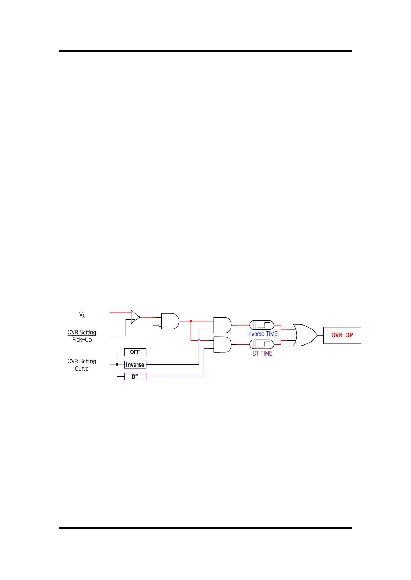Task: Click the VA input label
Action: click(82, 314)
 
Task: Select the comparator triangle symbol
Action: click(135, 317)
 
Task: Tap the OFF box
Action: click(135, 352)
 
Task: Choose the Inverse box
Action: click(135, 364)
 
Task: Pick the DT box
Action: click(135, 377)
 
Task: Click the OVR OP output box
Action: click(342, 335)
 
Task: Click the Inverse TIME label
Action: click(262, 334)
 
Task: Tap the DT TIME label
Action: click(262, 353)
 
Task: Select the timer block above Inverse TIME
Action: click(261, 325)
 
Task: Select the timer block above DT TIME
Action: click(261, 344)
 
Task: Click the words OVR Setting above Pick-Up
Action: click(82, 332)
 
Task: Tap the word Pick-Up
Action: click(82, 340)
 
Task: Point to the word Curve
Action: click(82, 369)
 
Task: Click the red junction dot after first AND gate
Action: click(191, 321)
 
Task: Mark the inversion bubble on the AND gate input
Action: click(160, 325)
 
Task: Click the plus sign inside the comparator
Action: click(133, 314)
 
